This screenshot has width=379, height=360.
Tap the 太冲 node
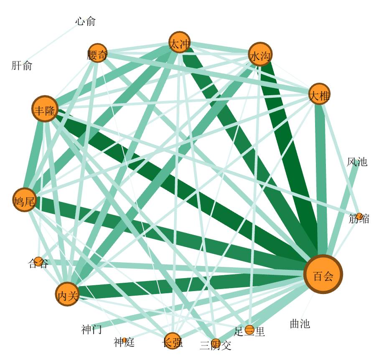[x=180, y=43]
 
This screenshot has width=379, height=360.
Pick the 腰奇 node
[x=97, y=53]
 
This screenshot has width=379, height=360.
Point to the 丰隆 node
[x=45, y=109]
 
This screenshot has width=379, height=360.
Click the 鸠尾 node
[x=25, y=200]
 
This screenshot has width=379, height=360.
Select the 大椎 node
[x=320, y=94]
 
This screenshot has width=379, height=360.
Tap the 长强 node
[x=172, y=341]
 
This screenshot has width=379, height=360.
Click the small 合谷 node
[x=38, y=261]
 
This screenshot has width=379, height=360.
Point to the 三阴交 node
[x=216, y=342]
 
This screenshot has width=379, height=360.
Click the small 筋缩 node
[x=359, y=216]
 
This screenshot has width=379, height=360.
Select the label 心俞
[x=86, y=21]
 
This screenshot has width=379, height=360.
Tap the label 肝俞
[x=22, y=66]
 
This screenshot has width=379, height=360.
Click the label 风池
[x=357, y=162]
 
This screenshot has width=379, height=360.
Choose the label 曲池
[x=300, y=324]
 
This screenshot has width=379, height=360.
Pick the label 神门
[x=92, y=330]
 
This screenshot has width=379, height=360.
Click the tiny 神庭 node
[x=125, y=340]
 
